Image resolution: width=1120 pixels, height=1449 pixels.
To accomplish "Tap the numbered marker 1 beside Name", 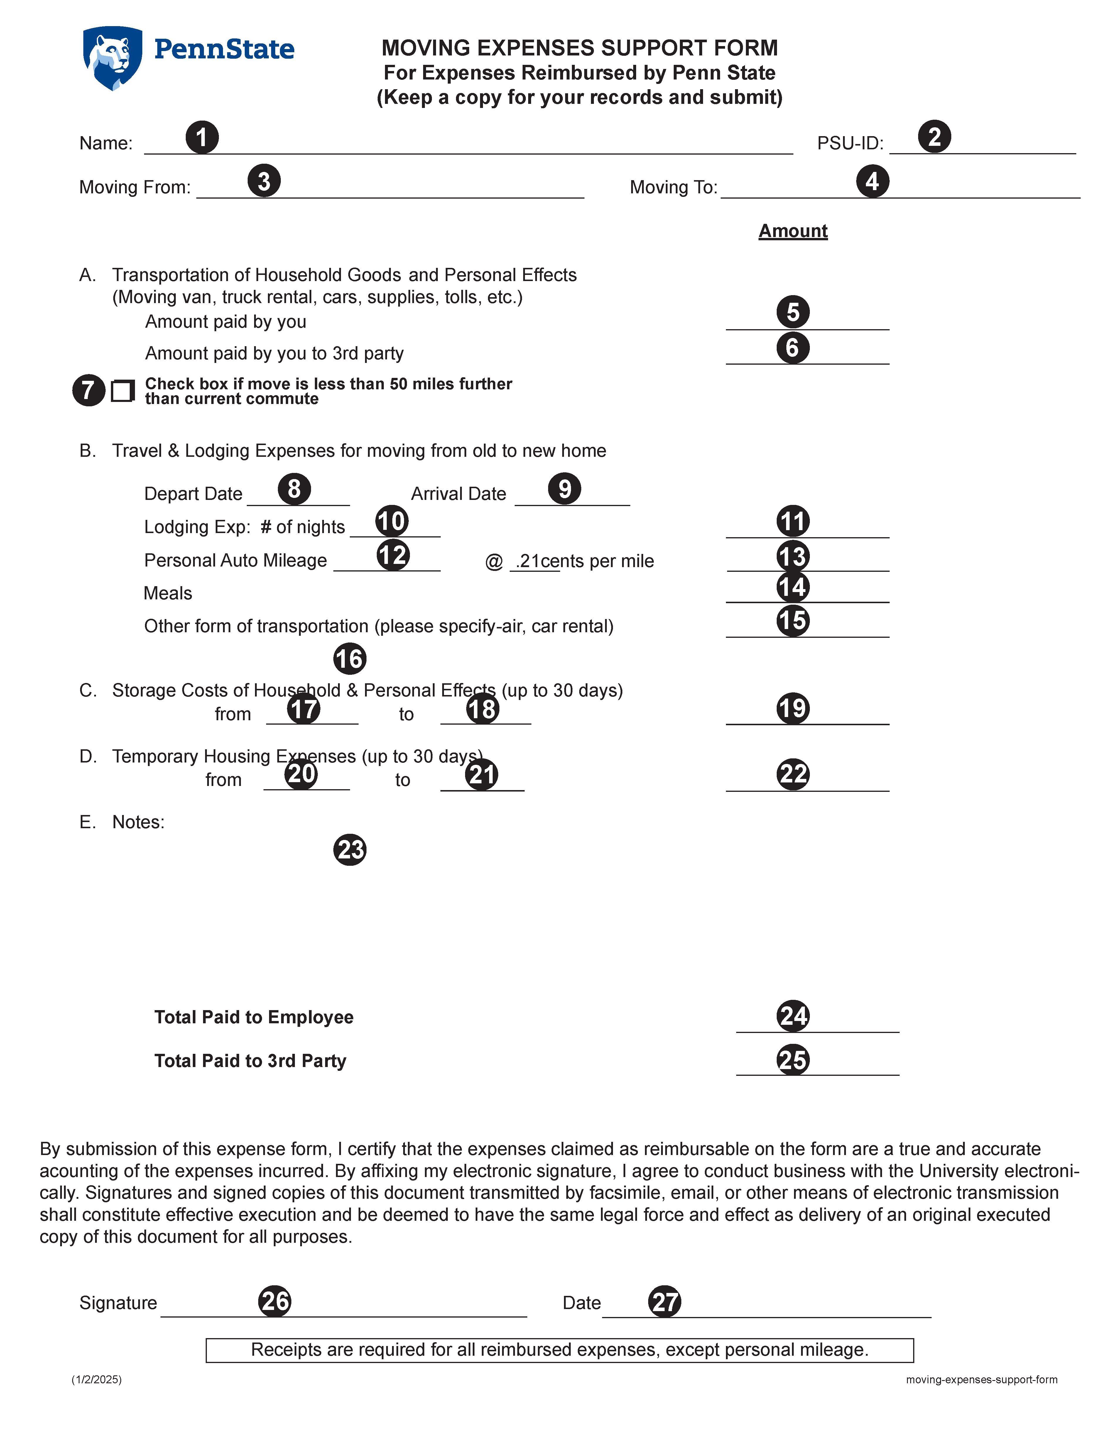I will tap(202, 137).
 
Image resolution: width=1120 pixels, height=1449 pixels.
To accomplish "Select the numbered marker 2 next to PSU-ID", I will tap(934, 137).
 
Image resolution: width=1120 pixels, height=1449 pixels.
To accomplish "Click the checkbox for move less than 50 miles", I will tap(122, 391).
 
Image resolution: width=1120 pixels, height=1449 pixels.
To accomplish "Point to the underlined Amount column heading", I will tap(793, 231).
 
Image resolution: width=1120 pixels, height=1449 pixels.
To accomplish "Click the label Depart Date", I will tap(193, 494).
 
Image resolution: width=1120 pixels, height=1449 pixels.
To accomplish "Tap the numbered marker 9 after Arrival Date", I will tap(564, 489).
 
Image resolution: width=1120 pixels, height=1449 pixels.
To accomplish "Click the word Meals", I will tap(168, 593).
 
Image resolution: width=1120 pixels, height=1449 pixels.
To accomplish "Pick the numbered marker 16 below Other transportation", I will tap(350, 659).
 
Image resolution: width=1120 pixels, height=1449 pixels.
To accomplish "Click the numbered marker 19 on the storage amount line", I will tap(793, 708).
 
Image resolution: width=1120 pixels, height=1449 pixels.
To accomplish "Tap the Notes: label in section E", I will tap(138, 822).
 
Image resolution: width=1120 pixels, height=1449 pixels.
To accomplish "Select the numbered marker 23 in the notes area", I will tap(350, 850).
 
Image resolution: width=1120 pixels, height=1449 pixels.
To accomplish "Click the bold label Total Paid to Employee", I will tap(254, 1017).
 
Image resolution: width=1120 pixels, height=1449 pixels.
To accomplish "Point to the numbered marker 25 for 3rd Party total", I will tap(793, 1060).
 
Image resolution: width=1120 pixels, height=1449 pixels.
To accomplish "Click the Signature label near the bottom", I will tap(118, 1303).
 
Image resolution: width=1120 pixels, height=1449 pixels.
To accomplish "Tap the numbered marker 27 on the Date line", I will tap(665, 1302).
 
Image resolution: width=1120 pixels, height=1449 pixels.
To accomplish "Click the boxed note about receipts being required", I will tap(559, 1350).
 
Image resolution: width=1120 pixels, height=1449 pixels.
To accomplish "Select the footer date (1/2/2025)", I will tap(97, 1379).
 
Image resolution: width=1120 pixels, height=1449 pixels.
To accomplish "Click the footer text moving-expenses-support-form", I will tap(981, 1379).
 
